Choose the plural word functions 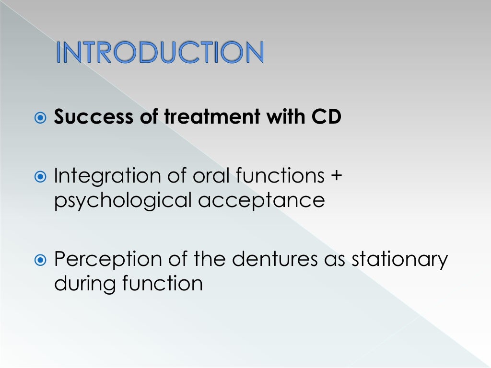[x=280, y=176]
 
